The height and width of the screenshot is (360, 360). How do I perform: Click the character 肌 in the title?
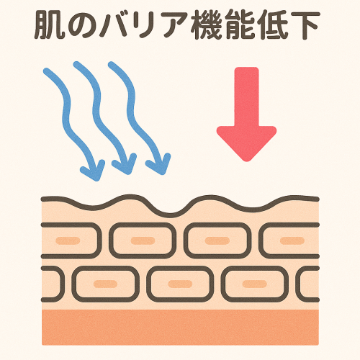point(50,25)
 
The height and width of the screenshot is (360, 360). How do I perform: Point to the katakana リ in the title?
point(148,25)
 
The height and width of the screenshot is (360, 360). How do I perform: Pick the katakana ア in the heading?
point(176,25)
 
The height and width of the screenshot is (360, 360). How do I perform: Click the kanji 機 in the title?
point(207,25)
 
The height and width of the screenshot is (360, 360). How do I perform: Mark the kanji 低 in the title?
point(273,25)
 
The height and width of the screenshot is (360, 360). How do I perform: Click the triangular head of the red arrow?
point(246,142)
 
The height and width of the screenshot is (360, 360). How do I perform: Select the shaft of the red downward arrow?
point(246,96)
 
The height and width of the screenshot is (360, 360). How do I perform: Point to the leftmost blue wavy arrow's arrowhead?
point(94,171)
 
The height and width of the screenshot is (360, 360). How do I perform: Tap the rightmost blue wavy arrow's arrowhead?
point(159,164)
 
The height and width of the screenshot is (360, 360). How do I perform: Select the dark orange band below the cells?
point(180,328)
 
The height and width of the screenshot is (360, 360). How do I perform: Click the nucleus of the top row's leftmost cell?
point(68,240)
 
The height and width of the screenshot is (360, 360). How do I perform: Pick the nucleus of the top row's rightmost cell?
point(292,240)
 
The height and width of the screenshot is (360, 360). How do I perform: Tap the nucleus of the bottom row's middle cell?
point(180,284)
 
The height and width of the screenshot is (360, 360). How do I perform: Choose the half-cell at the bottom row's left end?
point(53,284)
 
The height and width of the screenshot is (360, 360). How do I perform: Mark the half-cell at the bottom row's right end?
point(307,284)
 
